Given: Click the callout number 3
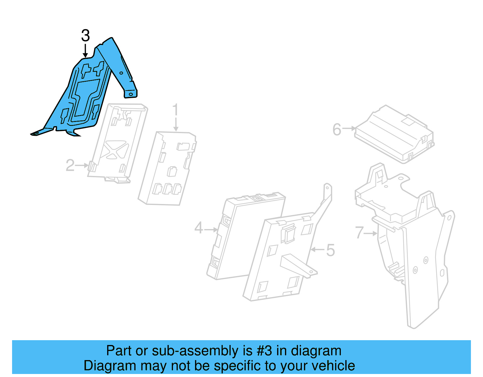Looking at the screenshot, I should point(85,36).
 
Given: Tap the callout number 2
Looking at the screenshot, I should point(70,165).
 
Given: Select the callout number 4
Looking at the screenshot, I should point(199,228).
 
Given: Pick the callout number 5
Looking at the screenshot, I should point(331,251).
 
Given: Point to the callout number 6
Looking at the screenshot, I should point(337,130).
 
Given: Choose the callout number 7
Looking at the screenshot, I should point(359,233).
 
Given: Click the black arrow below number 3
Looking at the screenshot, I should point(85,51).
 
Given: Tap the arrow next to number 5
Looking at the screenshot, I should point(318,249).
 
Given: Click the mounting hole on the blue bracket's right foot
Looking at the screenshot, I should point(131,94).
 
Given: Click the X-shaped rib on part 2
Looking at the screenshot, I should point(115,149).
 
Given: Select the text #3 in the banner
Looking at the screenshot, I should point(264,351).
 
